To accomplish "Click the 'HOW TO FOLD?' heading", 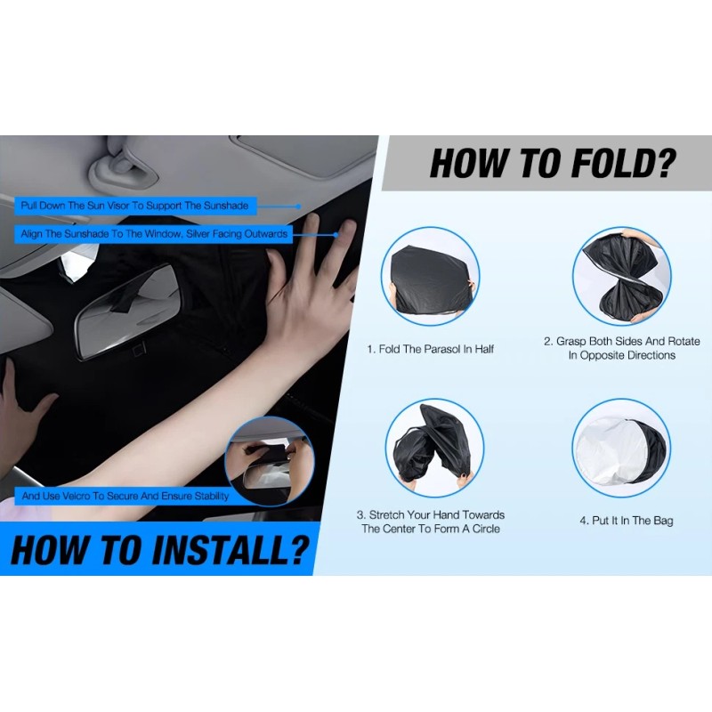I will (x=552, y=164).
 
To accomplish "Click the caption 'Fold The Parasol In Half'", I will (x=430, y=349).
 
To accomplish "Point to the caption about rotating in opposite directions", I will (x=621, y=348).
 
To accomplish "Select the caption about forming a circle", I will (x=431, y=522).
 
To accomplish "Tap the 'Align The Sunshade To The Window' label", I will (x=155, y=234).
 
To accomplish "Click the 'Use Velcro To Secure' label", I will (x=125, y=496).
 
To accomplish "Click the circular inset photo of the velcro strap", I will (x=268, y=461).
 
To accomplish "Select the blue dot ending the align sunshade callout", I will (x=336, y=235).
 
